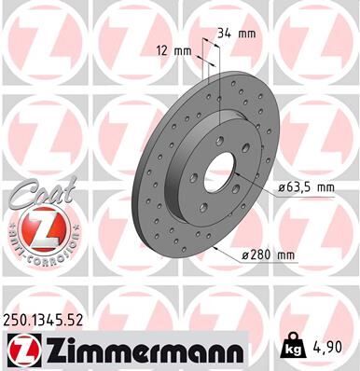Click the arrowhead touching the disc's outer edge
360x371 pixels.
[216, 249]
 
